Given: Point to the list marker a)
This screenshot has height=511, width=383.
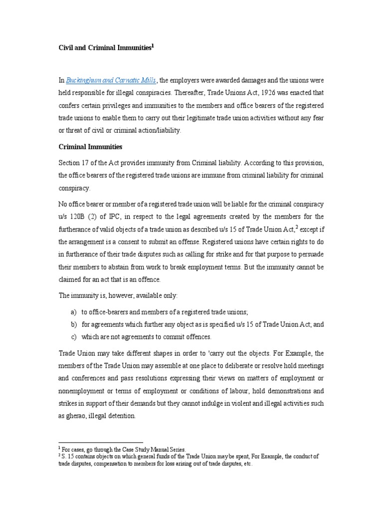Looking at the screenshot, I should (73, 312).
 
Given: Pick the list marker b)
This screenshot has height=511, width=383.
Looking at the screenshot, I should (73, 324).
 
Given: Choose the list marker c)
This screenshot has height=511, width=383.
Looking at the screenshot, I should (73, 337).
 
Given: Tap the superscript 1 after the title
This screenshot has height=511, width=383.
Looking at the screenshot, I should (153, 45).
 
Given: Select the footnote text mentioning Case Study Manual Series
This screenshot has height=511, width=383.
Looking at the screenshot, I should (125, 450).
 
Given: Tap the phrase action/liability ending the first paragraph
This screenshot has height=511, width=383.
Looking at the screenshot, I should (156, 130).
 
